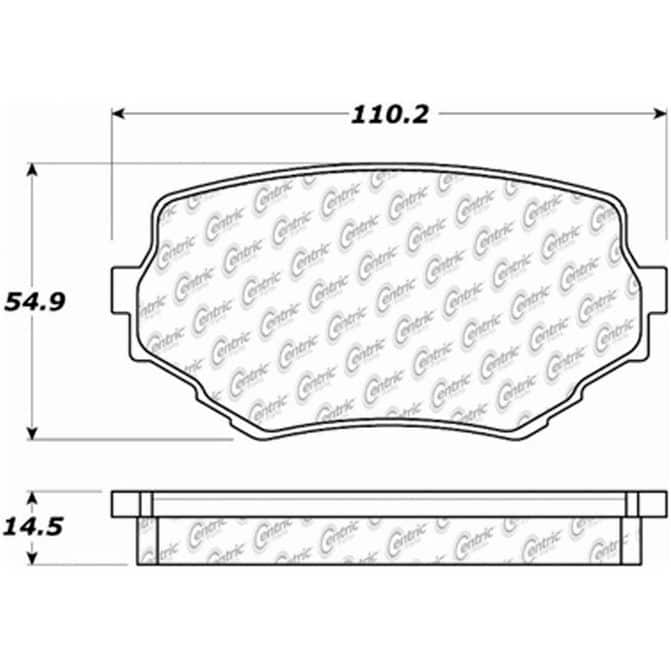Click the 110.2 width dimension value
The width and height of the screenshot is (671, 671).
coord(389,115)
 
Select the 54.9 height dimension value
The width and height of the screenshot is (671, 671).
coord(35,302)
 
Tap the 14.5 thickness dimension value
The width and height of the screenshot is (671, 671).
coord(33,527)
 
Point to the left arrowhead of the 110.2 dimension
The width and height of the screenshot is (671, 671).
coord(118,114)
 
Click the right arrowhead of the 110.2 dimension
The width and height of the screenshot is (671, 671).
coord(660,114)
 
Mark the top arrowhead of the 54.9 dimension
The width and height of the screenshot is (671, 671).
coord(32,169)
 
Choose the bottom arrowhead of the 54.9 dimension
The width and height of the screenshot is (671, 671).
coord(32,433)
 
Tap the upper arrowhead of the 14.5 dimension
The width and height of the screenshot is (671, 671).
coord(32,498)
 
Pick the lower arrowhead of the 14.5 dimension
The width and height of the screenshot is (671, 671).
coord(32,558)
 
